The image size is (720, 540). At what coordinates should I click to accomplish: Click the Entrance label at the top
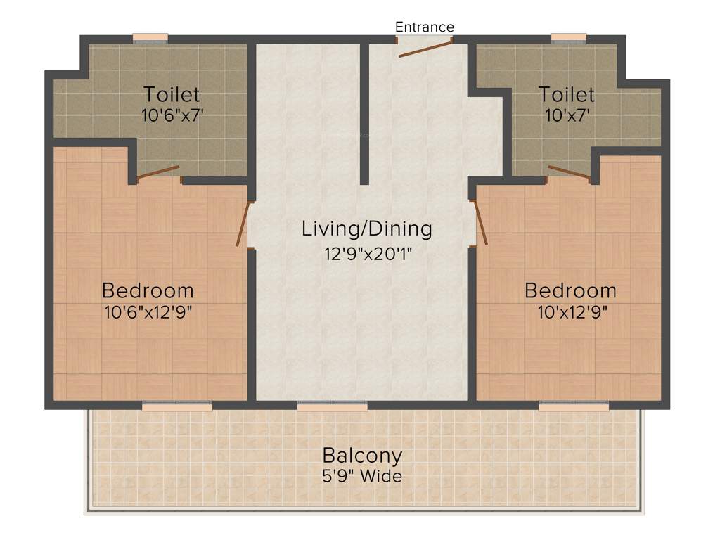pyautogui.click(x=425, y=27)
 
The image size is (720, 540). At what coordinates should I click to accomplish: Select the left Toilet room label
pyautogui.click(x=172, y=94)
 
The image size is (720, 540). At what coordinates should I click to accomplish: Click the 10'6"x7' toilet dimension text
pyautogui.click(x=172, y=115)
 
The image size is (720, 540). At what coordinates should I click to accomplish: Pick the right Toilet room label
pyautogui.click(x=567, y=94)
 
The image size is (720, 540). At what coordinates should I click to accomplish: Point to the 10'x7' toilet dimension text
pyautogui.click(x=567, y=115)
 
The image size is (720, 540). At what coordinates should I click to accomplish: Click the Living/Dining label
pyautogui.click(x=366, y=229)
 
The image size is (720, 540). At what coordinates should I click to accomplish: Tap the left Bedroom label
pyautogui.click(x=148, y=290)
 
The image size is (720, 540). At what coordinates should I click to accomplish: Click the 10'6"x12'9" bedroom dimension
pyautogui.click(x=148, y=311)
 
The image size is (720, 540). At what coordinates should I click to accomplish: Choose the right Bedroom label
pyautogui.click(x=570, y=290)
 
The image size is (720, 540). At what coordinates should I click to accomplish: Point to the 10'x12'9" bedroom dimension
pyautogui.click(x=570, y=311)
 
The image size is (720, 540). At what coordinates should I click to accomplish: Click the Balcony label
pyautogui.click(x=362, y=455)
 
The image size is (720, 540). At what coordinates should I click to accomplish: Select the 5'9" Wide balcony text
pyautogui.click(x=362, y=476)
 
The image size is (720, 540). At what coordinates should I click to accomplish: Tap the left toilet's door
pyautogui.click(x=158, y=173)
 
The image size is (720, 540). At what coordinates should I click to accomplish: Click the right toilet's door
pyautogui.click(x=569, y=173)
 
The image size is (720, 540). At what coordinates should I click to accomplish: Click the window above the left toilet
pyautogui.click(x=150, y=38)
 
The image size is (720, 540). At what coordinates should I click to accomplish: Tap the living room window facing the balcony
pyautogui.click(x=332, y=406)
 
